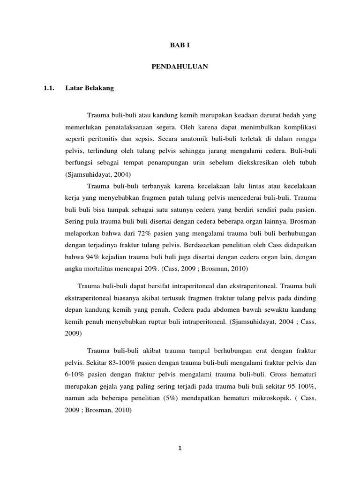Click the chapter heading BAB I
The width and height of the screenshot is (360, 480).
[x=180, y=46]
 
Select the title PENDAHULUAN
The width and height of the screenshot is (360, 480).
[x=180, y=67]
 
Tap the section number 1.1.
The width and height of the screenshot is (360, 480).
[x=50, y=88]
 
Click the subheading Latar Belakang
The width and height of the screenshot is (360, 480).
[x=97, y=88]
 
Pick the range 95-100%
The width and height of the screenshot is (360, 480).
[x=298, y=387]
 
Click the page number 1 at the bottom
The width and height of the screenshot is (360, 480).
[x=180, y=448]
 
